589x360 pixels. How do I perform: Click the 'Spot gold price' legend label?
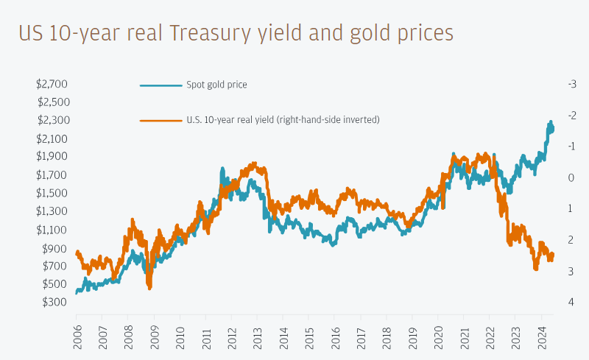pos(216,85)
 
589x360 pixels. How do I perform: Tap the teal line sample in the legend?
pos(161,85)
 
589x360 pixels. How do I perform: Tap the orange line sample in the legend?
pos(161,119)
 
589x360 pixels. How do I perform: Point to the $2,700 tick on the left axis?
pos(52,84)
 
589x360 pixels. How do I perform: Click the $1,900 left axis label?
pos(52,156)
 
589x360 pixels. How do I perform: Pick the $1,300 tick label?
pos(52,211)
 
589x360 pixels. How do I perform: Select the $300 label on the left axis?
pos(55,302)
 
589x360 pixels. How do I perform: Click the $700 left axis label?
pos(55,265)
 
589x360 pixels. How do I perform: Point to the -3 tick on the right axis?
pos(572,84)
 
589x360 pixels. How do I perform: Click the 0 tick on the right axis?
pos(571,177)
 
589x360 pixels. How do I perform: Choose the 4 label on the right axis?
pos(571,302)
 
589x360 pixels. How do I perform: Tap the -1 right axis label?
pos(572,146)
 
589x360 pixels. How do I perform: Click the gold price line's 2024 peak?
pos(550,122)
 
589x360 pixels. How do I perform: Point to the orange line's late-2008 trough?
pos(149,287)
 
